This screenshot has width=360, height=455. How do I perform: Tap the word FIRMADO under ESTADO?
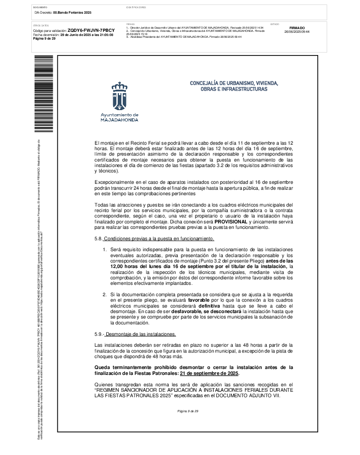(297, 28)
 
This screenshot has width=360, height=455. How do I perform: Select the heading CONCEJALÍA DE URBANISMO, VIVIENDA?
(234, 84)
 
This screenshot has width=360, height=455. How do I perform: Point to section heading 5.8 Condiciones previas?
(154, 239)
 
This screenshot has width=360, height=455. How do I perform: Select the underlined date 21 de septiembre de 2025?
(209, 374)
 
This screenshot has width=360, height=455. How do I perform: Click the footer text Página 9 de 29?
(188, 411)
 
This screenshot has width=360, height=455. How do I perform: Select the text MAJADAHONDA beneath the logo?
(120, 120)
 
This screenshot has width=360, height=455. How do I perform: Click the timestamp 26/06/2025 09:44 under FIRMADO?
(297, 32)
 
